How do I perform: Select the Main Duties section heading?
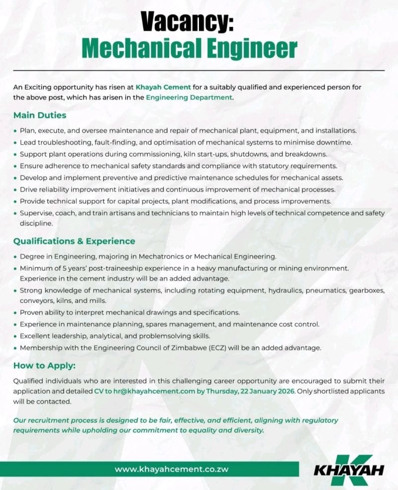coord(40,115)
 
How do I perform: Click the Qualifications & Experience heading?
coord(74,241)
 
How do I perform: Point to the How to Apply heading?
coord(44,366)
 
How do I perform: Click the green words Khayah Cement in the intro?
coord(163,87)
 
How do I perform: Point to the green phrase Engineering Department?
coord(189,97)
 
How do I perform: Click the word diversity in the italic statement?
coord(247,430)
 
